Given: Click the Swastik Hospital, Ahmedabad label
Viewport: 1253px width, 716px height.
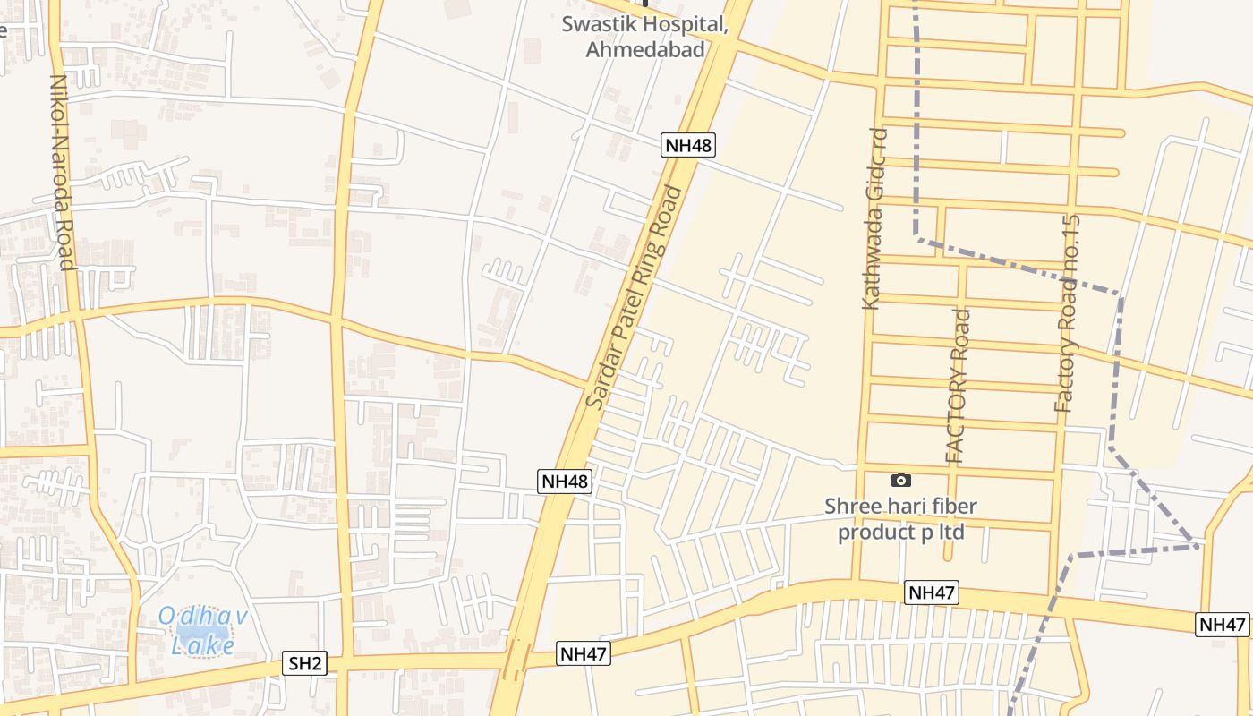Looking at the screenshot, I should (x=644, y=37).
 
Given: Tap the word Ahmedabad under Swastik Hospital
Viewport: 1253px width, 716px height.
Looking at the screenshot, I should (x=644, y=50).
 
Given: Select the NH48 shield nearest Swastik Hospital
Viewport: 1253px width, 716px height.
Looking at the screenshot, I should (x=689, y=145).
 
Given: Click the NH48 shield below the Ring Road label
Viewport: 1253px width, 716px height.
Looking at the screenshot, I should (x=566, y=482).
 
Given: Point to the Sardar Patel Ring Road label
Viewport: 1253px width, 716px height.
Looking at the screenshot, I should (x=633, y=298).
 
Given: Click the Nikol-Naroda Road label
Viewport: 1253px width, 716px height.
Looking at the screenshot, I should (x=61, y=171).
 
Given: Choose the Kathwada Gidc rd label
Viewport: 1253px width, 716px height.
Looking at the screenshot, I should (x=874, y=219).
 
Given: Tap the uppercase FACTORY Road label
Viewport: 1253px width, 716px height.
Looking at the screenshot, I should (x=958, y=386).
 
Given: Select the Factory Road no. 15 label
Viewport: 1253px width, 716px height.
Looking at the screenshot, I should (x=1068, y=313).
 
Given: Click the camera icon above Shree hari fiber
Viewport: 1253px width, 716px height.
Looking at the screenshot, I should (x=901, y=481).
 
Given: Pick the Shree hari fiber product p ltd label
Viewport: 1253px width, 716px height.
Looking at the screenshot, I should (x=900, y=519).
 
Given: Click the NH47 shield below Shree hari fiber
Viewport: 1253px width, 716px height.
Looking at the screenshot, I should (x=932, y=592).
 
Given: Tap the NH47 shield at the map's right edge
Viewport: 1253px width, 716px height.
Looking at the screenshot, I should (x=1222, y=625).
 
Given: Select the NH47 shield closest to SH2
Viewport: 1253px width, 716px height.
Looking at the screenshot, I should (x=584, y=654).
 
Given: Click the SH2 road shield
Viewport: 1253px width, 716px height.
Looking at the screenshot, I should (x=305, y=663).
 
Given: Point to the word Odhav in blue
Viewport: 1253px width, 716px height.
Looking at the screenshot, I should (x=202, y=616).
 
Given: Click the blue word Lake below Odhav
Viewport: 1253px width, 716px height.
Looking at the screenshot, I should (x=203, y=644).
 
